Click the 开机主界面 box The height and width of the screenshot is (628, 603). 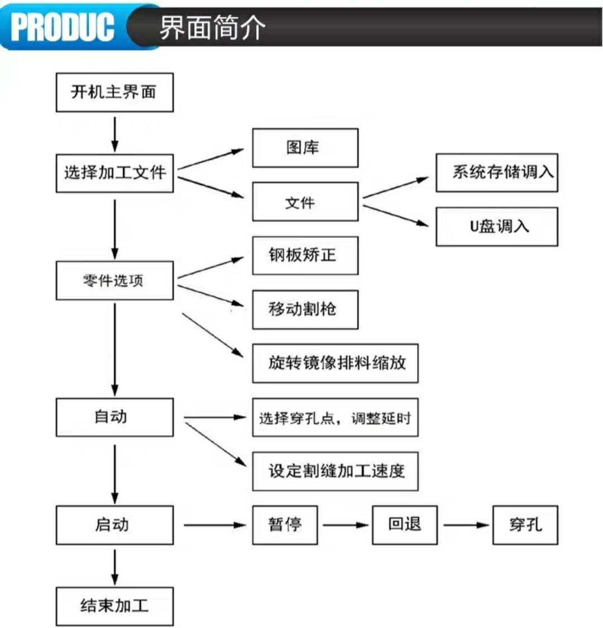(115, 93)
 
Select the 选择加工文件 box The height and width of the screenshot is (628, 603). (115, 173)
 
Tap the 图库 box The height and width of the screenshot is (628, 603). (305, 148)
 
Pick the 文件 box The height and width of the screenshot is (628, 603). (305, 202)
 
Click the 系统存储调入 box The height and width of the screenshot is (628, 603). (497, 173)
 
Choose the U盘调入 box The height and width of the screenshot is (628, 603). (497, 227)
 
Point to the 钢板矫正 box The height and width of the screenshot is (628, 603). (305, 255)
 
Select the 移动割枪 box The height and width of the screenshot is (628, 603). (305, 310)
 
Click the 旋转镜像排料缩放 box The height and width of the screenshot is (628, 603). (336, 363)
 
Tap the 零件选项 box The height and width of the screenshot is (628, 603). (115, 281)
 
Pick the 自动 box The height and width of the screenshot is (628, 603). (115, 417)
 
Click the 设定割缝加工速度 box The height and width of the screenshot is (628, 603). (336, 472)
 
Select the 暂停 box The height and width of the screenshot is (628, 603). (285, 525)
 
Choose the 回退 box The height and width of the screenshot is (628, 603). (405, 525)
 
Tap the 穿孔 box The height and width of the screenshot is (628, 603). (525, 525)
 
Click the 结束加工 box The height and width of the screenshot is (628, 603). (115, 606)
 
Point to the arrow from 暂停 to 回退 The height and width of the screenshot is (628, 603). (346, 525)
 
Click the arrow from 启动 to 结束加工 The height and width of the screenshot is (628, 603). (115, 567)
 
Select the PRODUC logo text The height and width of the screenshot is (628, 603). (63, 27)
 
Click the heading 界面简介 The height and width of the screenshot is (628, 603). (213, 27)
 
